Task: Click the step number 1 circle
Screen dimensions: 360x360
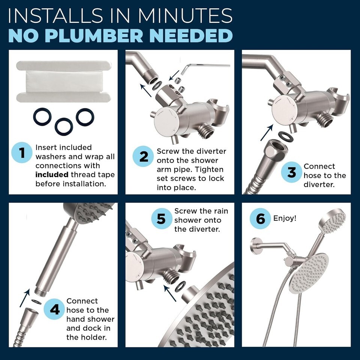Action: coord(22,153)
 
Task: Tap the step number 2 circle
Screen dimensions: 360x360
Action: coord(143,156)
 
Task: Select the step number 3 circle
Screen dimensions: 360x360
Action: coord(292,172)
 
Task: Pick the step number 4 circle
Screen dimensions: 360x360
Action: coord(54,309)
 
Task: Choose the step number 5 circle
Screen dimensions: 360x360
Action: coord(161,219)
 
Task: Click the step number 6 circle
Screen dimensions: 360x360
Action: coord(260,218)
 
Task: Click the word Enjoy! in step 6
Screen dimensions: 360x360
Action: coord(285,218)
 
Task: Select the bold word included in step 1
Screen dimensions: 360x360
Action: coord(52,175)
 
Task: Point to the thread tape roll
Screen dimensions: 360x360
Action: coord(64,81)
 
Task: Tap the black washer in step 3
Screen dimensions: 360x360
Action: coord(286,136)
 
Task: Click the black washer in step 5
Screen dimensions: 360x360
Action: coord(180,286)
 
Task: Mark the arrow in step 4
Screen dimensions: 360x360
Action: coord(25,298)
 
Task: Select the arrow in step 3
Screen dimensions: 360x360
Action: coord(267,132)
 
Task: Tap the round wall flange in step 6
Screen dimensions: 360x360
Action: coord(254,246)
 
